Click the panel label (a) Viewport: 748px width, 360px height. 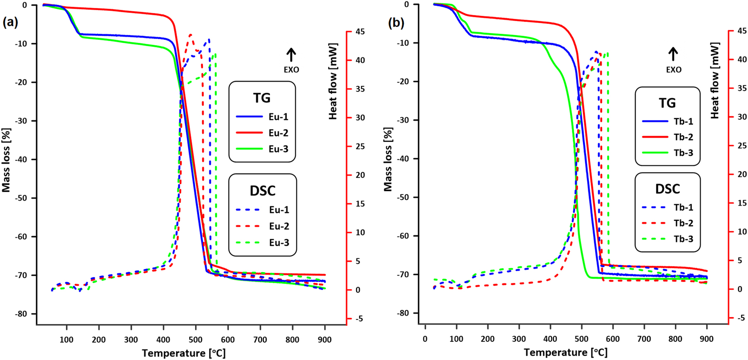pyautogui.click(x=10, y=22)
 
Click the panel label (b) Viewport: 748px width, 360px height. pyautogui.click(x=396, y=23)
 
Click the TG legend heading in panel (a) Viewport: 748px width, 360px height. pyautogui.click(x=262, y=98)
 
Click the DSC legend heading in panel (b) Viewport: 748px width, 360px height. pyautogui.click(x=667, y=189)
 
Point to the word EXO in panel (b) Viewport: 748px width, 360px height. pyautogui.click(x=674, y=70)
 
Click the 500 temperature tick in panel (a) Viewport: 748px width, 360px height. pyautogui.click(x=196, y=340)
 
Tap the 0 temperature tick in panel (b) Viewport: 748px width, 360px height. pyautogui.click(x=425, y=339)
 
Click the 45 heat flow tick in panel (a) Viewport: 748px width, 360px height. pyautogui.click(x=360, y=32)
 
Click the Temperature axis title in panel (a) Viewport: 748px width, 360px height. pyautogui.click(x=184, y=353)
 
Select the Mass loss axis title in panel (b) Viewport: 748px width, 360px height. pyautogui.click(x=388, y=159)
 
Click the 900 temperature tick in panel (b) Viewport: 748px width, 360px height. pyautogui.click(x=706, y=339)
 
